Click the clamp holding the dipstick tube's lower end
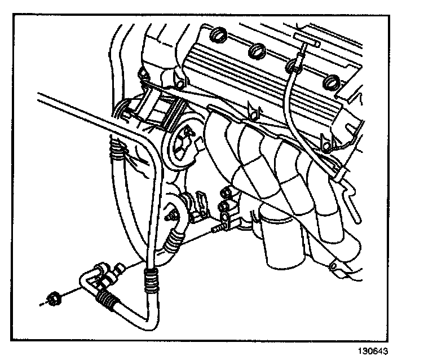pos(339,172)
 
